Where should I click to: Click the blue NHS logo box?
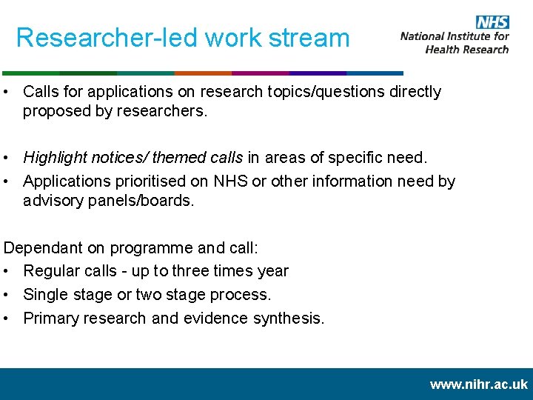pyautogui.click(x=492, y=21)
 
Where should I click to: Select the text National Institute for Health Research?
pyautogui.click(x=455, y=42)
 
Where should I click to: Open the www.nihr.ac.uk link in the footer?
pyautogui.click(x=478, y=384)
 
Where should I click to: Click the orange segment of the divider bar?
pyautogui.click(x=203, y=73)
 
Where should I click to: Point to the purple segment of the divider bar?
pyautogui.click(x=260, y=73)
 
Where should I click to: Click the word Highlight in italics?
pyautogui.click(x=54, y=157)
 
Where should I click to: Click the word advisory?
pyautogui.click(x=53, y=201)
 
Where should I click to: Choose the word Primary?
pyautogui.click(x=51, y=318)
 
